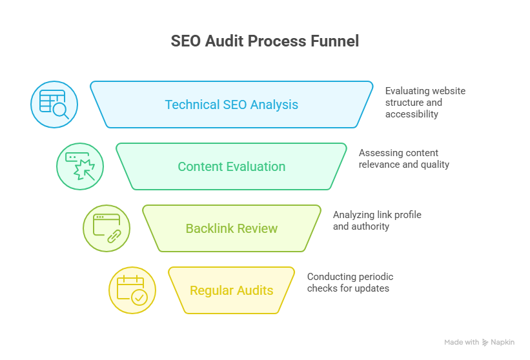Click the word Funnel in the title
click(x=334, y=41)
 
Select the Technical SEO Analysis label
click(x=231, y=105)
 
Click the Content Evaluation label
click(x=231, y=166)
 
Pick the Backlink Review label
click(x=231, y=228)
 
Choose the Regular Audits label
click(x=231, y=290)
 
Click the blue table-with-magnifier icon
click(x=54, y=104)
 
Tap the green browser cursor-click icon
click(x=80, y=166)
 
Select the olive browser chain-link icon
click(x=107, y=228)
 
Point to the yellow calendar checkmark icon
click(x=132, y=290)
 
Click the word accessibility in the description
click(x=412, y=114)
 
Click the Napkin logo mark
click(x=485, y=343)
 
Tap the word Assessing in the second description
click(x=380, y=153)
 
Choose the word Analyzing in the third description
click(x=354, y=215)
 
